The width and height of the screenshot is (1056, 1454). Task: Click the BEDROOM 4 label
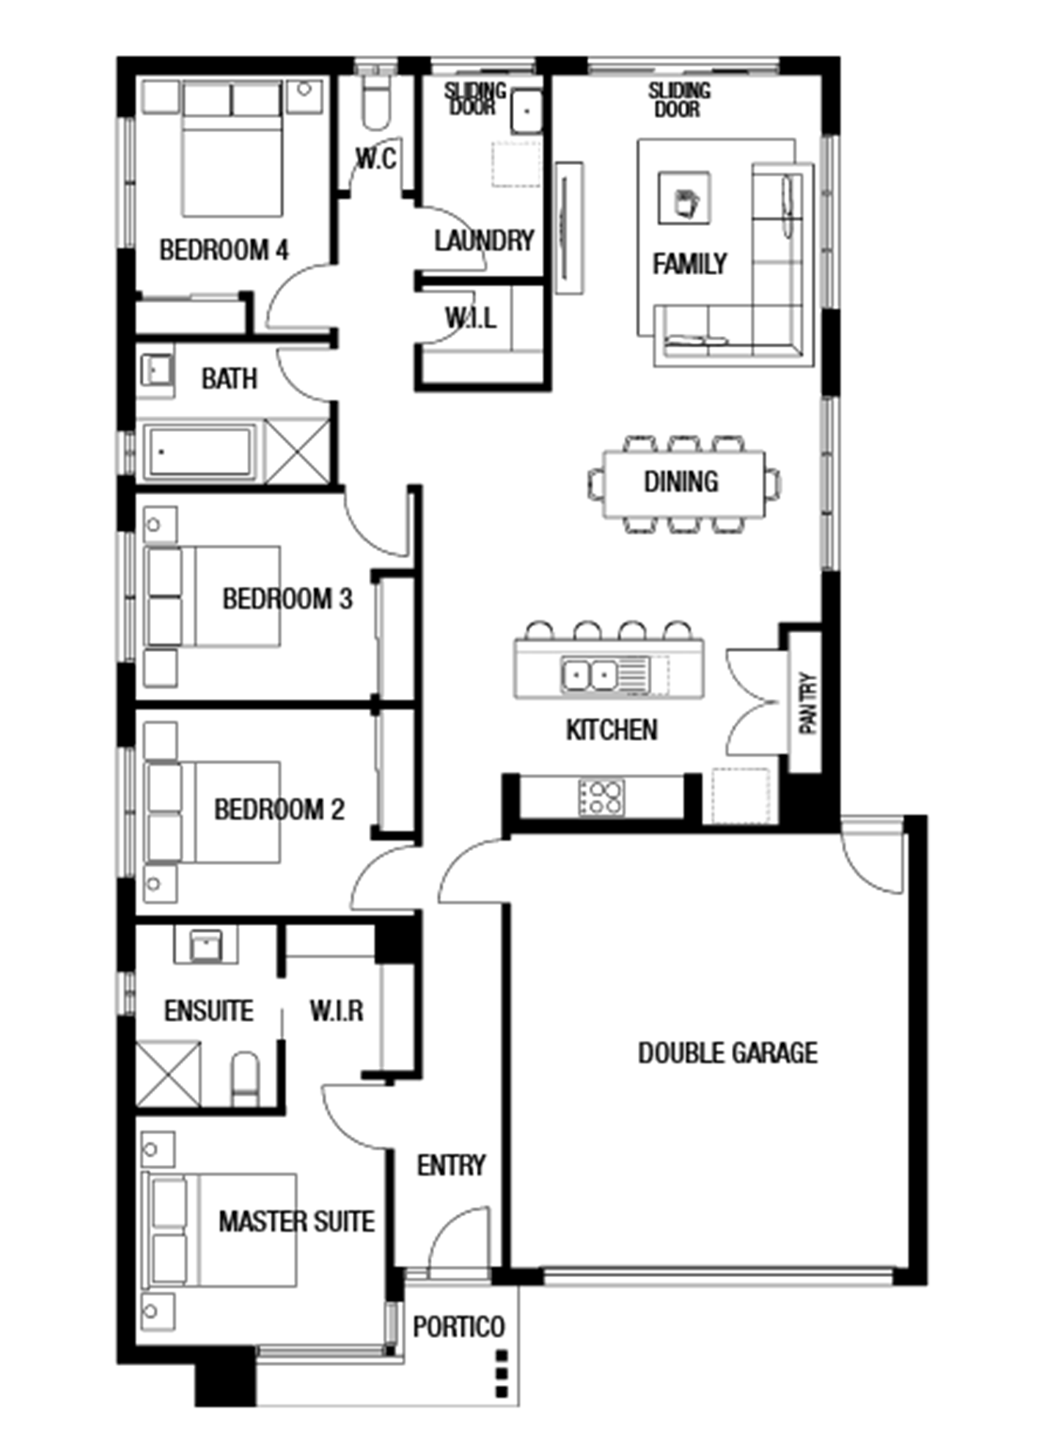coord(224,250)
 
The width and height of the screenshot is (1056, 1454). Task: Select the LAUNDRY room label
coord(484,241)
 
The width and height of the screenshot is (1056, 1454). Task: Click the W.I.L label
coord(470,318)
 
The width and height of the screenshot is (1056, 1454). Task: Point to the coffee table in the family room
coord(684,197)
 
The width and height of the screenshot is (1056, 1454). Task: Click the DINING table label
coord(681,482)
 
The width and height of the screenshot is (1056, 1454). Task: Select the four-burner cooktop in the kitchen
coord(601,796)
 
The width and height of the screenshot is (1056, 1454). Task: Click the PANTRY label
coord(807,704)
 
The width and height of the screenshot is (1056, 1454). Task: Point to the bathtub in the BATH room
coord(200,451)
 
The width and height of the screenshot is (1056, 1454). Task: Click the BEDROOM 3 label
coord(287,599)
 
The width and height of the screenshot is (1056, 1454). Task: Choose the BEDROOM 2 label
coord(279,809)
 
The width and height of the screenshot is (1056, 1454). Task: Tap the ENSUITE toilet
coord(245,1079)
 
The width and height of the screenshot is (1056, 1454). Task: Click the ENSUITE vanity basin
coord(205,945)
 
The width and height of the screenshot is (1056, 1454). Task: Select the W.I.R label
coord(336,1011)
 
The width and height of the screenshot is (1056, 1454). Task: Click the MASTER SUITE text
coord(296,1221)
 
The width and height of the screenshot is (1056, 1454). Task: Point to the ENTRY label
coord(451,1165)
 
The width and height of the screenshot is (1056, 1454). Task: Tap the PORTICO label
coord(458,1326)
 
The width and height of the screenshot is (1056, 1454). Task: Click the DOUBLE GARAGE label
coord(727,1053)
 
